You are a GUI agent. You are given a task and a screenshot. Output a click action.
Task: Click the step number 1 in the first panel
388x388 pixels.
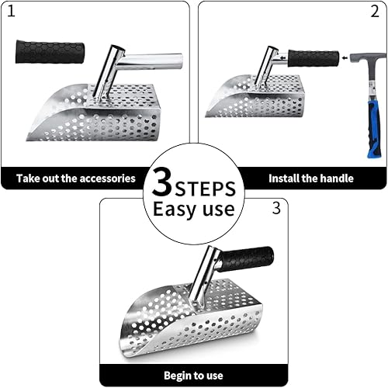(11, 12)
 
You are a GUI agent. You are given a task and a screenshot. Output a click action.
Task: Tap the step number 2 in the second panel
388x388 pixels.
(375, 12)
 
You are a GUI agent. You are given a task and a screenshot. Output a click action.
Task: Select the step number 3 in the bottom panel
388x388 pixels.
(276, 208)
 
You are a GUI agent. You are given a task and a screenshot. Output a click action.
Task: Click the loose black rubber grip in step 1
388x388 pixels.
(50, 52)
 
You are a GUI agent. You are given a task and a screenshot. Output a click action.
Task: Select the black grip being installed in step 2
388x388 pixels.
(314, 58)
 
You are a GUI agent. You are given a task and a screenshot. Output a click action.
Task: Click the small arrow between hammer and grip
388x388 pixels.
(345, 58)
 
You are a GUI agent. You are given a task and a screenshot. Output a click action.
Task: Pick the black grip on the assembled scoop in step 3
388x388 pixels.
(246, 259)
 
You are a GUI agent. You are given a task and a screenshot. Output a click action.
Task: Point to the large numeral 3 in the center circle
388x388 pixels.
(162, 182)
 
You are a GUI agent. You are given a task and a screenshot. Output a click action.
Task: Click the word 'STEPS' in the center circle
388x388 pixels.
(206, 189)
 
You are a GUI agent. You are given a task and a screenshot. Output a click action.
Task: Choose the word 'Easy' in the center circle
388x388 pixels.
(176, 209)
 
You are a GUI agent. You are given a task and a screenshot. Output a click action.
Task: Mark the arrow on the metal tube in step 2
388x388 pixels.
(282, 57)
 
